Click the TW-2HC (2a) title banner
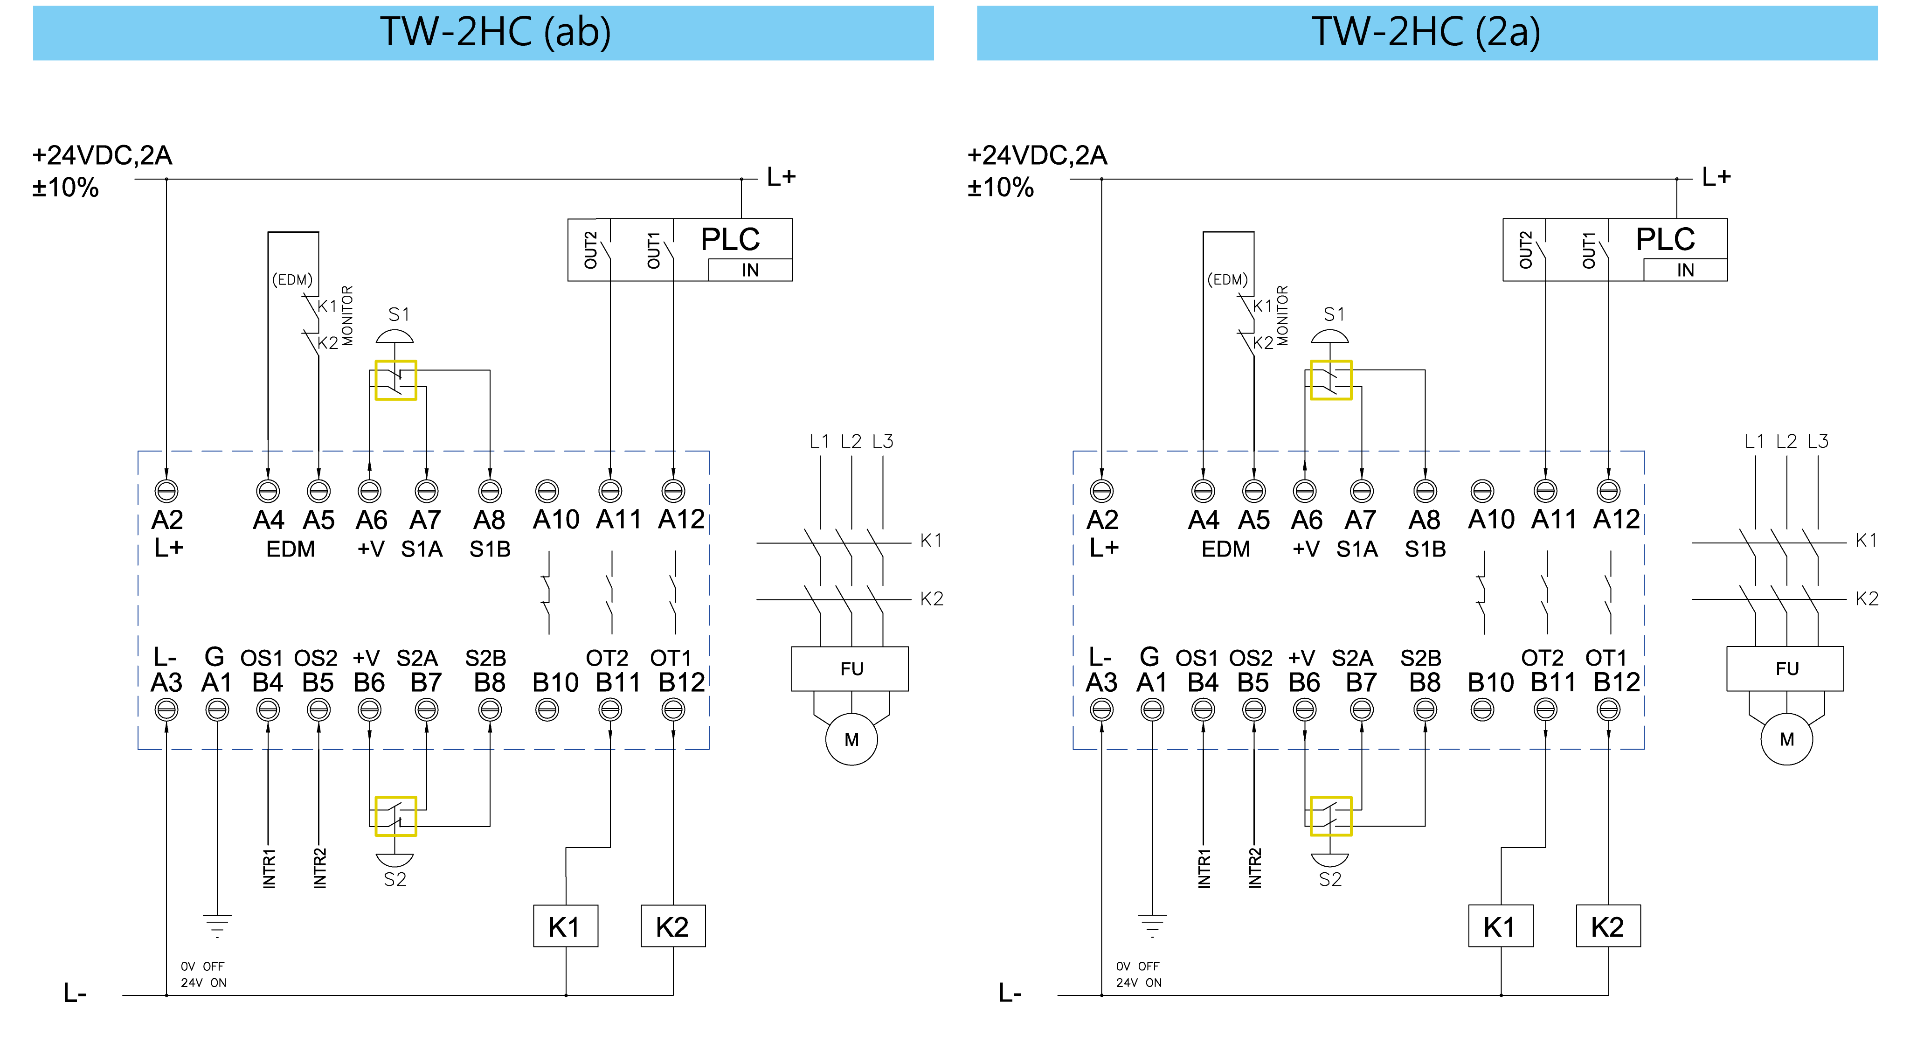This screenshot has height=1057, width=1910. point(1426,33)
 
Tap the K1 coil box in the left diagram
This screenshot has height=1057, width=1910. point(565,926)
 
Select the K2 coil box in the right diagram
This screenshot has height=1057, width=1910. point(1607,926)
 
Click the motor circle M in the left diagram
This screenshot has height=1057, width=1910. point(851,739)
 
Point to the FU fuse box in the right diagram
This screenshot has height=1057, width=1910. point(1785,668)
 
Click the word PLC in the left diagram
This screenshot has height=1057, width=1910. point(730,240)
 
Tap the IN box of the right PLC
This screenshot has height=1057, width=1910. point(1685,270)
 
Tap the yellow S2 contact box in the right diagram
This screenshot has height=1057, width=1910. point(1330,816)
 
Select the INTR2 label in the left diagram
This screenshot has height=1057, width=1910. point(319,868)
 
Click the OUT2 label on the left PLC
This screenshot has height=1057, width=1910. point(590,250)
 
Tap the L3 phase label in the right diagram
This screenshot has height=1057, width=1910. point(1817,441)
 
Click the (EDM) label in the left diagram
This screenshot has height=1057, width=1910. point(292,279)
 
